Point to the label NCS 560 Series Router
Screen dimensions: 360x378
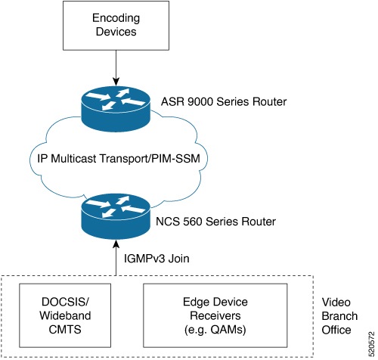point(212,222)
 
